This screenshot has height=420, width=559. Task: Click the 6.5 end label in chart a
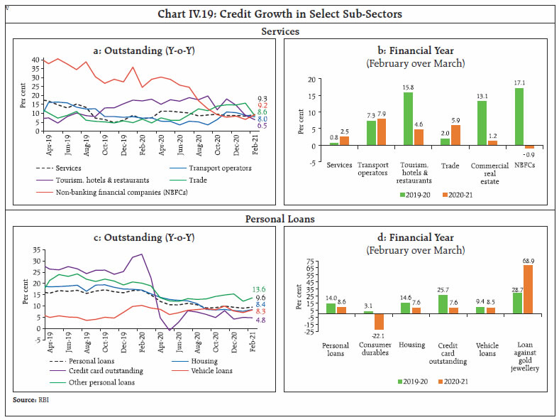[x=262, y=125]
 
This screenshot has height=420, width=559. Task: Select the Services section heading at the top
[x=279, y=32]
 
